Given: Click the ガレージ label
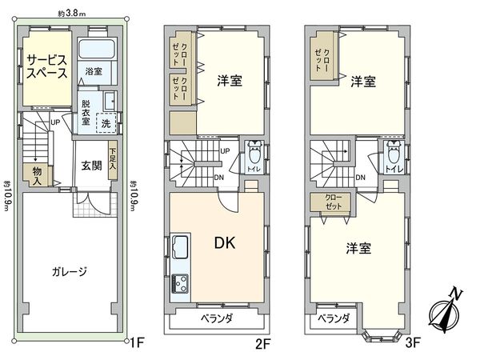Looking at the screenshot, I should (x=71, y=271).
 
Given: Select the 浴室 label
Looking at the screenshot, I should (x=95, y=71).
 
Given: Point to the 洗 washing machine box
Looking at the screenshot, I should (x=106, y=123).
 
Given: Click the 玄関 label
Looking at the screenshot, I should (x=90, y=167).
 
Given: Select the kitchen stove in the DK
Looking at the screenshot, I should (x=178, y=282).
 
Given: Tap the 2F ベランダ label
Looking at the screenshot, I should (x=216, y=318).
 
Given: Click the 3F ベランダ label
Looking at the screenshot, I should (x=334, y=318).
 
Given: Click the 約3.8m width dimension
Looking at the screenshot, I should (x=73, y=12).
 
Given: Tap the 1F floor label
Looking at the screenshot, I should (x=137, y=347).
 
